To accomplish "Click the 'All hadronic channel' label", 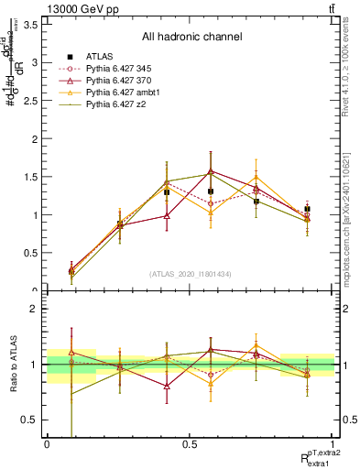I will point(191,38).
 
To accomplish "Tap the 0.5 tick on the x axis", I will point(190,443).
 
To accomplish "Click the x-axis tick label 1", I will point(332,443).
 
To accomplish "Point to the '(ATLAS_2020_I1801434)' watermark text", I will point(191,274).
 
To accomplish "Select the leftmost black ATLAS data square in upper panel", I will point(71,271).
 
